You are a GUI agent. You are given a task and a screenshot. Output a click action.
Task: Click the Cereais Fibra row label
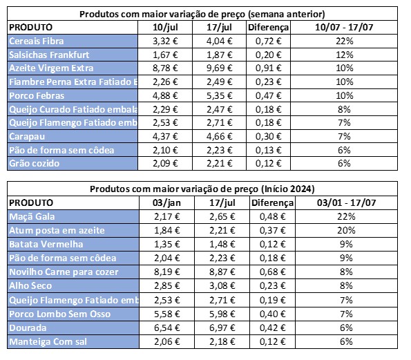36,41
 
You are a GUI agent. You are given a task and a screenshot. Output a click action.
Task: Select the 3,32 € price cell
165,41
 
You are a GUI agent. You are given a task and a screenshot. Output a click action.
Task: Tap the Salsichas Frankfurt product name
49,55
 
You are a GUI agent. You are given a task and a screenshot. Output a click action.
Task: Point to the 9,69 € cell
220,68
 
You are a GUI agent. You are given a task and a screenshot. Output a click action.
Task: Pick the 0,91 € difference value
269,68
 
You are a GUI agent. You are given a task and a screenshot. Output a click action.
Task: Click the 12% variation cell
345,55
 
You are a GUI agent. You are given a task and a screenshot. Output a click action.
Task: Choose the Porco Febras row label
37,96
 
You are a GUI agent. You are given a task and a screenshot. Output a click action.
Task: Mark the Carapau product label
27,136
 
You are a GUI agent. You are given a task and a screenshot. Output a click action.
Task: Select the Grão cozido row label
34,163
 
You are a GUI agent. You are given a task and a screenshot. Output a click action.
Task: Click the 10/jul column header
165,27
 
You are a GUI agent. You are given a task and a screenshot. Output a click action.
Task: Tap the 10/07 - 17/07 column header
344,27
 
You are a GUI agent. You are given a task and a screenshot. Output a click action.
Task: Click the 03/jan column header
166,202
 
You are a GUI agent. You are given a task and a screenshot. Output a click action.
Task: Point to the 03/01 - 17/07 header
346,202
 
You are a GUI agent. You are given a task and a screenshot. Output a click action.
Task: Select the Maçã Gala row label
32,216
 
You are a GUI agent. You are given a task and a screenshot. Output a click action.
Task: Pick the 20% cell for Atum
346,231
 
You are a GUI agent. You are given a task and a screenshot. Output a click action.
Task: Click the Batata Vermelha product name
46,245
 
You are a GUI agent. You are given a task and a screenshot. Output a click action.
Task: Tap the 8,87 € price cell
222,272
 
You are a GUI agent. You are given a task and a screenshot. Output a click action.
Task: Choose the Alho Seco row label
30,286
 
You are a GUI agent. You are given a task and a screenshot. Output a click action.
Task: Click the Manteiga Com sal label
48,342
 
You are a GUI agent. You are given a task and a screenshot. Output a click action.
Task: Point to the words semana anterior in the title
287,14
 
